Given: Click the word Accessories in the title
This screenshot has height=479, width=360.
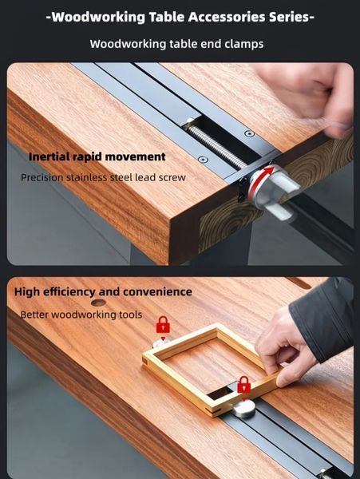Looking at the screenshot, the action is pyautogui.click(x=226, y=17).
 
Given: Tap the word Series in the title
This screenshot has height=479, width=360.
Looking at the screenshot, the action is pyautogui.click(x=289, y=17).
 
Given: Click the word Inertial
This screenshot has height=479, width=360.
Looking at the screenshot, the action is pyautogui.click(x=49, y=156).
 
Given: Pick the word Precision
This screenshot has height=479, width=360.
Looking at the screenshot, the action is pyautogui.click(x=42, y=177).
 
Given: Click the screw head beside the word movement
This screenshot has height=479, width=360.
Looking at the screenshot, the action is pyautogui.click(x=203, y=160).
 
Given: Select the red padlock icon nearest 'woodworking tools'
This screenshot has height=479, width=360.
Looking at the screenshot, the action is pyautogui.click(x=163, y=325).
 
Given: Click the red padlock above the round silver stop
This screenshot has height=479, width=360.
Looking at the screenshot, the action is pyautogui.click(x=244, y=385).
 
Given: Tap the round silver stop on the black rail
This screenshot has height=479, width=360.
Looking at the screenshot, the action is pyautogui.click(x=244, y=409).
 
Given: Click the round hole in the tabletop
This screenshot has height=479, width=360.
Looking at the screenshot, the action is pyautogui.click(x=98, y=303).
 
